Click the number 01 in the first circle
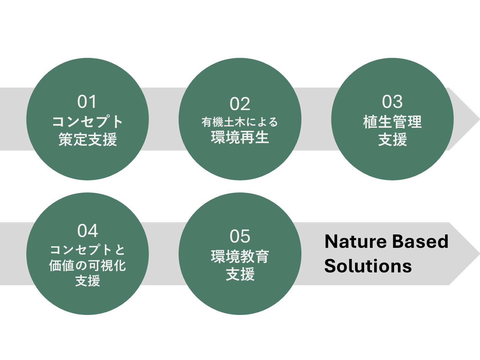(87, 102)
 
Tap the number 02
(240, 104)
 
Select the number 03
(392, 102)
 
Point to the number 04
(88, 231)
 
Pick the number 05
(240, 236)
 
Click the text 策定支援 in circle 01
(88, 139)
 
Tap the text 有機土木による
(240, 122)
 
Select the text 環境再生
(240, 137)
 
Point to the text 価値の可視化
(88, 265)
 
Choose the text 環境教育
(240, 256)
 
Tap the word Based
(420, 242)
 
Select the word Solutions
(368, 266)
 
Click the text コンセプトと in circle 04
(88, 250)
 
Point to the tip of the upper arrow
(480, 119)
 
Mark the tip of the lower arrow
(480, 254)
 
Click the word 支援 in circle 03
(392, 139)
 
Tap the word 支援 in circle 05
(240, 274)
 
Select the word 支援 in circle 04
(88, 281)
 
